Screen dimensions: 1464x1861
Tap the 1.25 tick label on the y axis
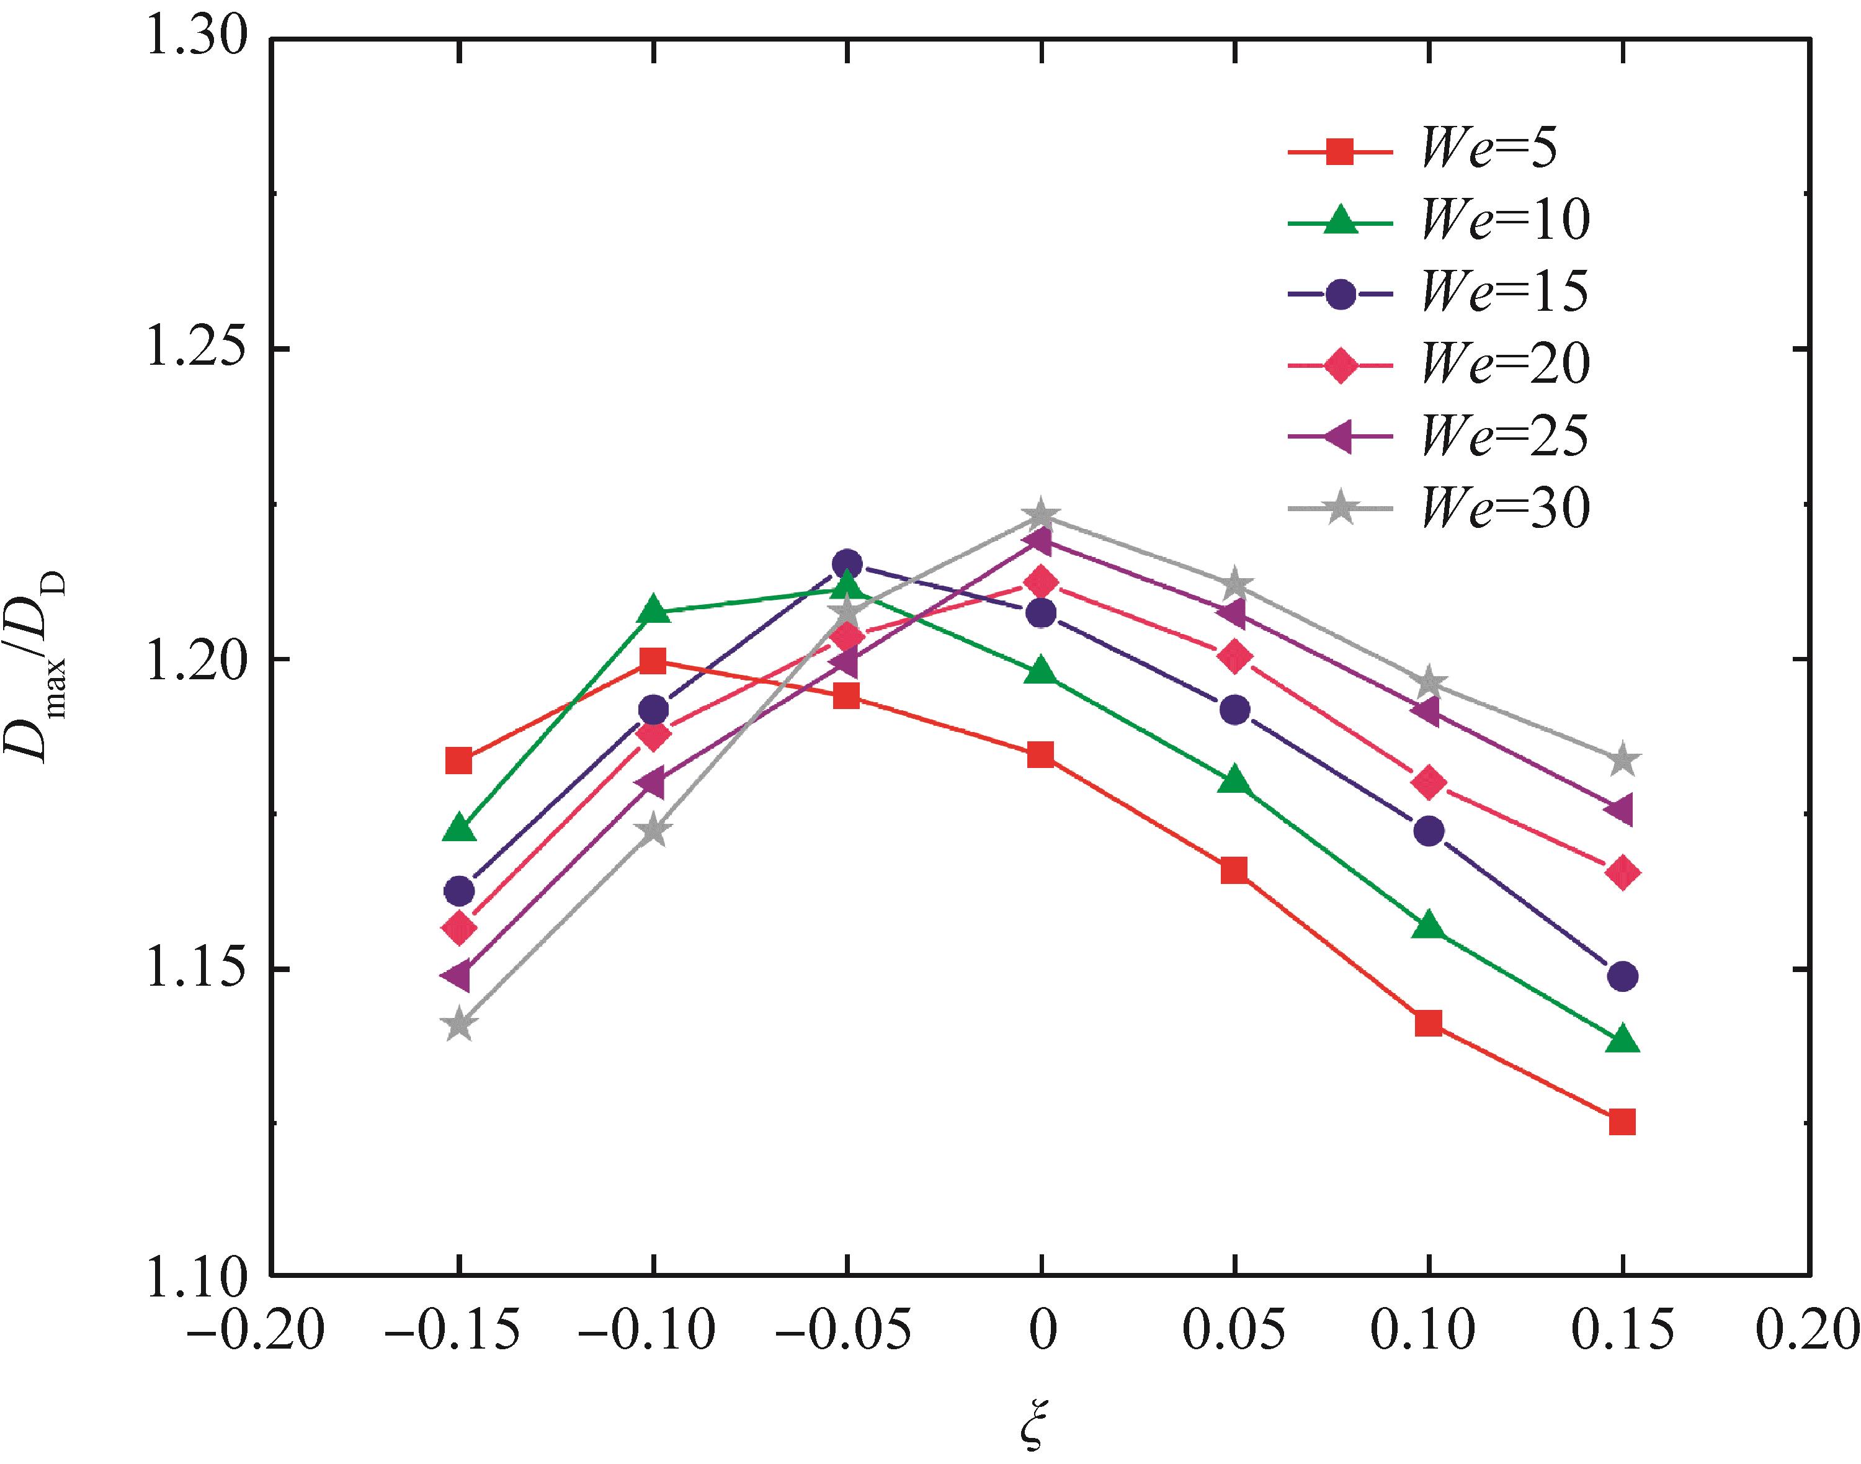[197, 348]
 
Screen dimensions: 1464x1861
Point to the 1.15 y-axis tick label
[197, 970]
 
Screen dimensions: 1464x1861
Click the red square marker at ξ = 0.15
[1622, 1121]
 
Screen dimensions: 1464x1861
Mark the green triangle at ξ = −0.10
[653, 609]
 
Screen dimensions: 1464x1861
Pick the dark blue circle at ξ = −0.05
[847, 563]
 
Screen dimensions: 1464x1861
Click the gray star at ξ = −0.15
[460, 1024]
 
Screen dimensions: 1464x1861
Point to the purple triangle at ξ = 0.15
[1620, 810]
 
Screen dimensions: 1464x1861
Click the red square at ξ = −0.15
[460, 759]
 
